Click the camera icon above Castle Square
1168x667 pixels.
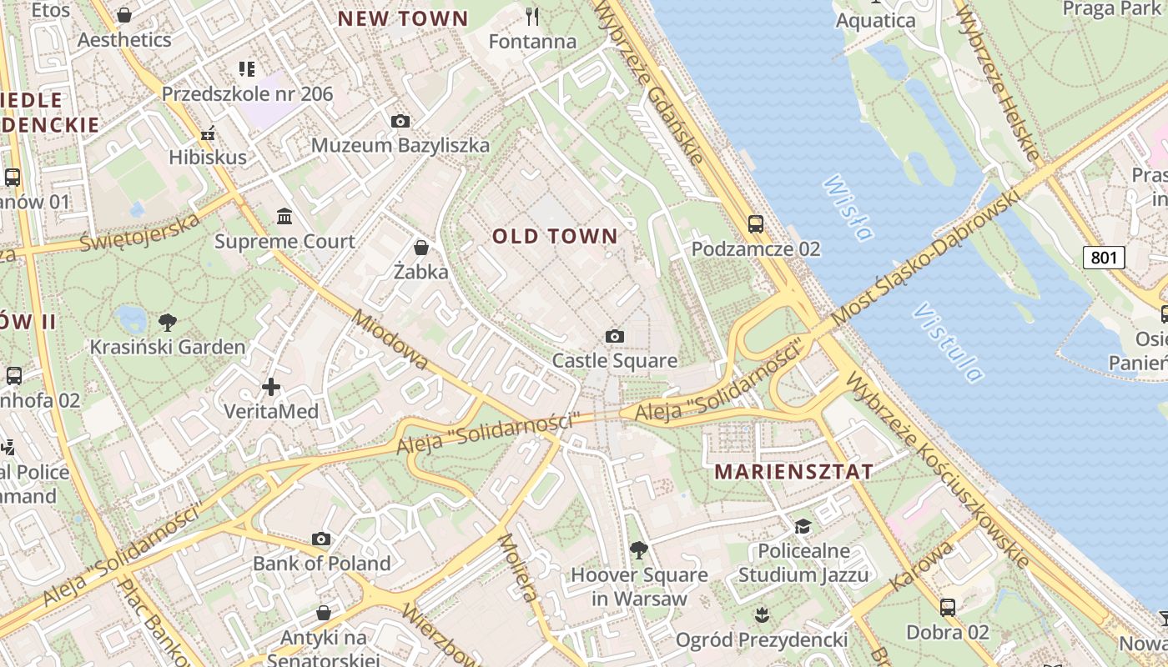(x=615, y=337)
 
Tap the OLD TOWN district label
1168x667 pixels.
(x=555, y=237)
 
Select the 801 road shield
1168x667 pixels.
(x=1103, y=257)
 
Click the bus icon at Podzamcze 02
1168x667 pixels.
(x=755, y=224)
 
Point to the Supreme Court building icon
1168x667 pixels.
(x=284, y=217)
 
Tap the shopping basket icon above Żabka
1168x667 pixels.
(x=421, y=248)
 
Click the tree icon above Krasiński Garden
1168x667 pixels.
(x=167, y=322)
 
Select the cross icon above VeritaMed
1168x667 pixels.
(x=271, y=387)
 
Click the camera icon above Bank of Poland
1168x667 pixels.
(x=321, y=539)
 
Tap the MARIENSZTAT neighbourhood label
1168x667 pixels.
(x=793, y=472)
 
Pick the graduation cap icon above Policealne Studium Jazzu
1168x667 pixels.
(x=803, y=526)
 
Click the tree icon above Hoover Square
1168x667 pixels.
(x=638, y=549)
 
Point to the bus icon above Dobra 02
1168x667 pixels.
(x=948, y=607)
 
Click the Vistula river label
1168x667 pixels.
(x=948, y=342)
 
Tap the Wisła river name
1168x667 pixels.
(x=846, y=207)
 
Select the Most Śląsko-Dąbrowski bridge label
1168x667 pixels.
(x=926, y=258)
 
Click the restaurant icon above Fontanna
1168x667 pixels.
(x=532, y=16)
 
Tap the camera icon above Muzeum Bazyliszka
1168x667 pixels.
(x=400, y=121)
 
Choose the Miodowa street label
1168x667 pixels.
(x=389, y=340)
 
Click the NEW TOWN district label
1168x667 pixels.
(x=403, y=18)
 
